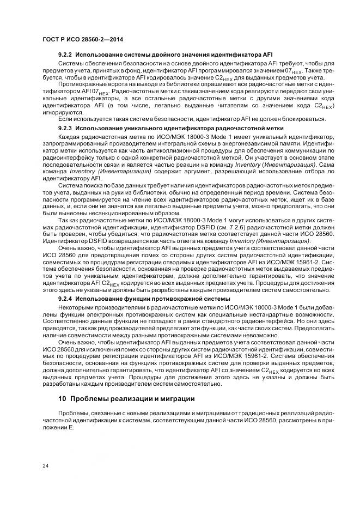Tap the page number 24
click(x=46, y=465)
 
